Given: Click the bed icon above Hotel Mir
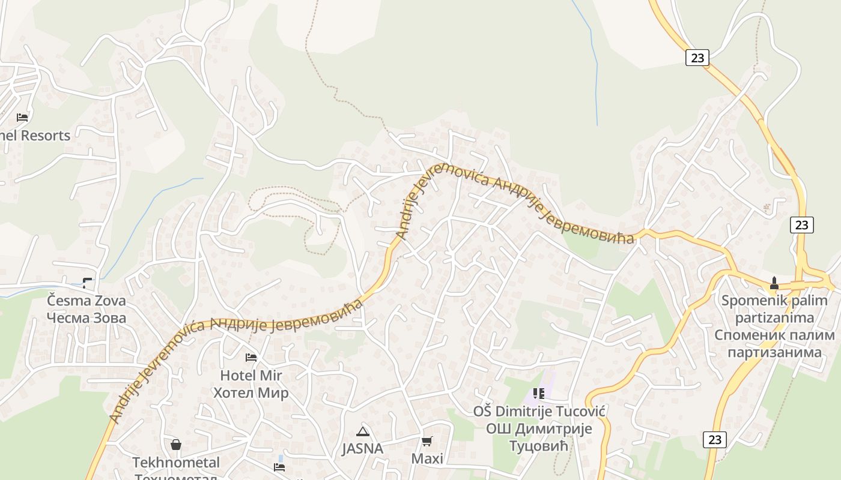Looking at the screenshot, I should [x=251, y=358].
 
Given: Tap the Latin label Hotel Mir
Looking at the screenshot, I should [x=251, y=376].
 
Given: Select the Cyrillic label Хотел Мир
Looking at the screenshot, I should [x=251, y=393].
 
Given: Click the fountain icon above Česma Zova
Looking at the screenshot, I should [x=88, y=283].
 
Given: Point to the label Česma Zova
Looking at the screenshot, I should [x=87, y=300].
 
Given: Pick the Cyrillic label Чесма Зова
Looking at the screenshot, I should [x=87, y=317].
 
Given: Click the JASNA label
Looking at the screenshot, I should [x=362, y=448].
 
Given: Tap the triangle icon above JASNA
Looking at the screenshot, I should [x=362, y=431].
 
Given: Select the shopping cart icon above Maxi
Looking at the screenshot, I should [x=427, y=442].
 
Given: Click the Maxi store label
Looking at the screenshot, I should [x=427, y=459].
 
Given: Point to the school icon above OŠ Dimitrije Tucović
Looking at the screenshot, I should [x=539, y=394].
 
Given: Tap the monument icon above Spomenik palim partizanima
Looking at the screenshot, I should [x=774, y=283].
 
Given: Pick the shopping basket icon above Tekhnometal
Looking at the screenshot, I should [x=176, y=445].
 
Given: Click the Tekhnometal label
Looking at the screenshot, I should [x=176, y=463].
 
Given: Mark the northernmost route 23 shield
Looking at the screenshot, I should [x=697, y=58].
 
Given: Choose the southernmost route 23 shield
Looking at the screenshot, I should [x=715, y=439].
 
